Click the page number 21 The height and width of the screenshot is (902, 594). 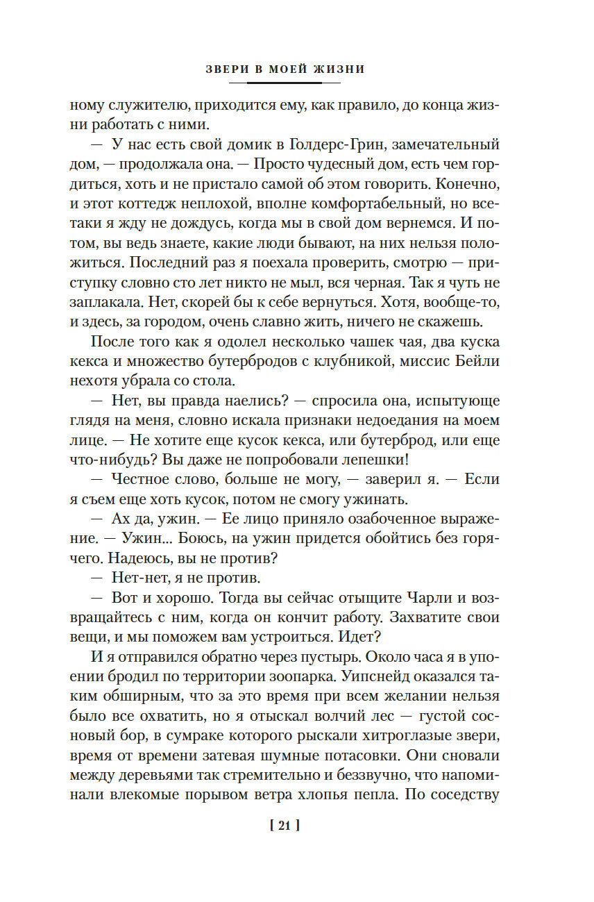[x=283, y=826]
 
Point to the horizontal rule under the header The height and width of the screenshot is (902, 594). [x=284, y=83]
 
